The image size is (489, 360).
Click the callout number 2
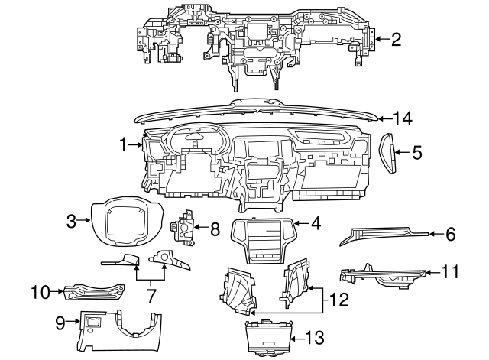point(395,38)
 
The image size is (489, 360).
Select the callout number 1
point(123,143)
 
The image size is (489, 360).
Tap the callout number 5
point(416,153)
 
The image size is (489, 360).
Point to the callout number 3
point(71,222)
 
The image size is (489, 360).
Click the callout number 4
point(316,224)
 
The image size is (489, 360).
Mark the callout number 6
point(450,235)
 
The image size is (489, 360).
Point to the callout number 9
point(60,323)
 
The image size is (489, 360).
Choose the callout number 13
point(315,336)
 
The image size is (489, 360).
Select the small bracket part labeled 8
point(186,229)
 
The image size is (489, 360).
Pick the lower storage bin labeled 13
point(267,338)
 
